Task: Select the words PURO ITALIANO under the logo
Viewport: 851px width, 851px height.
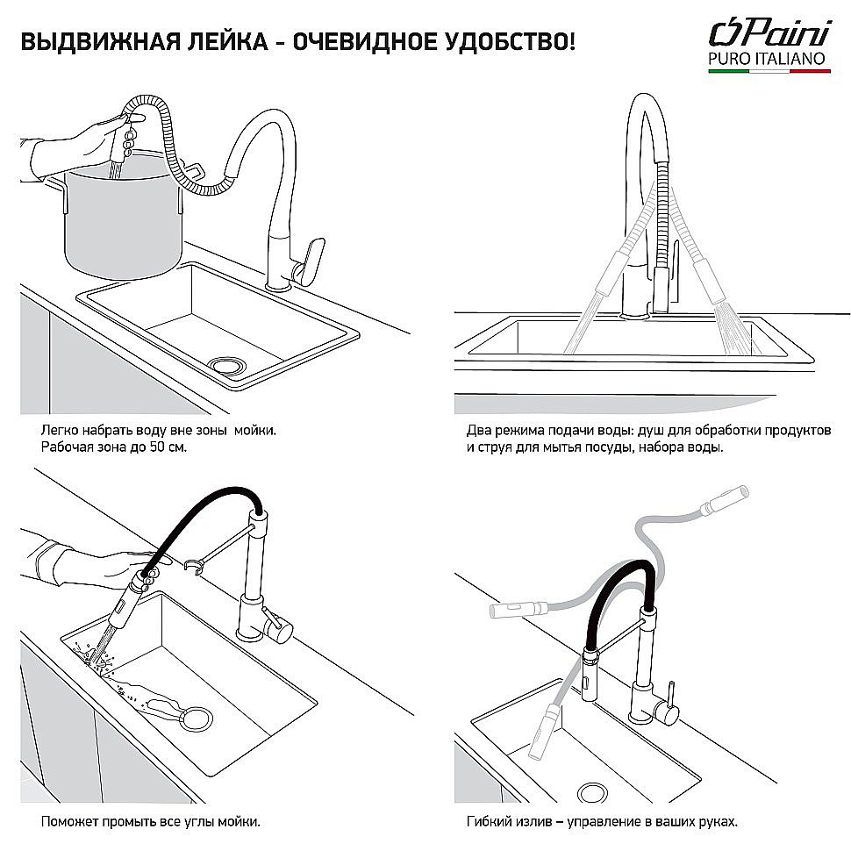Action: point(769,59)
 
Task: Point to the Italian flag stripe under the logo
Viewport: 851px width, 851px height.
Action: point(769,75)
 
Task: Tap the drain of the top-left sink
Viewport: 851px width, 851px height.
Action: point(230,363)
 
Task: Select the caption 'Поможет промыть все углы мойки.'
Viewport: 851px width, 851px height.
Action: point(150,822)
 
